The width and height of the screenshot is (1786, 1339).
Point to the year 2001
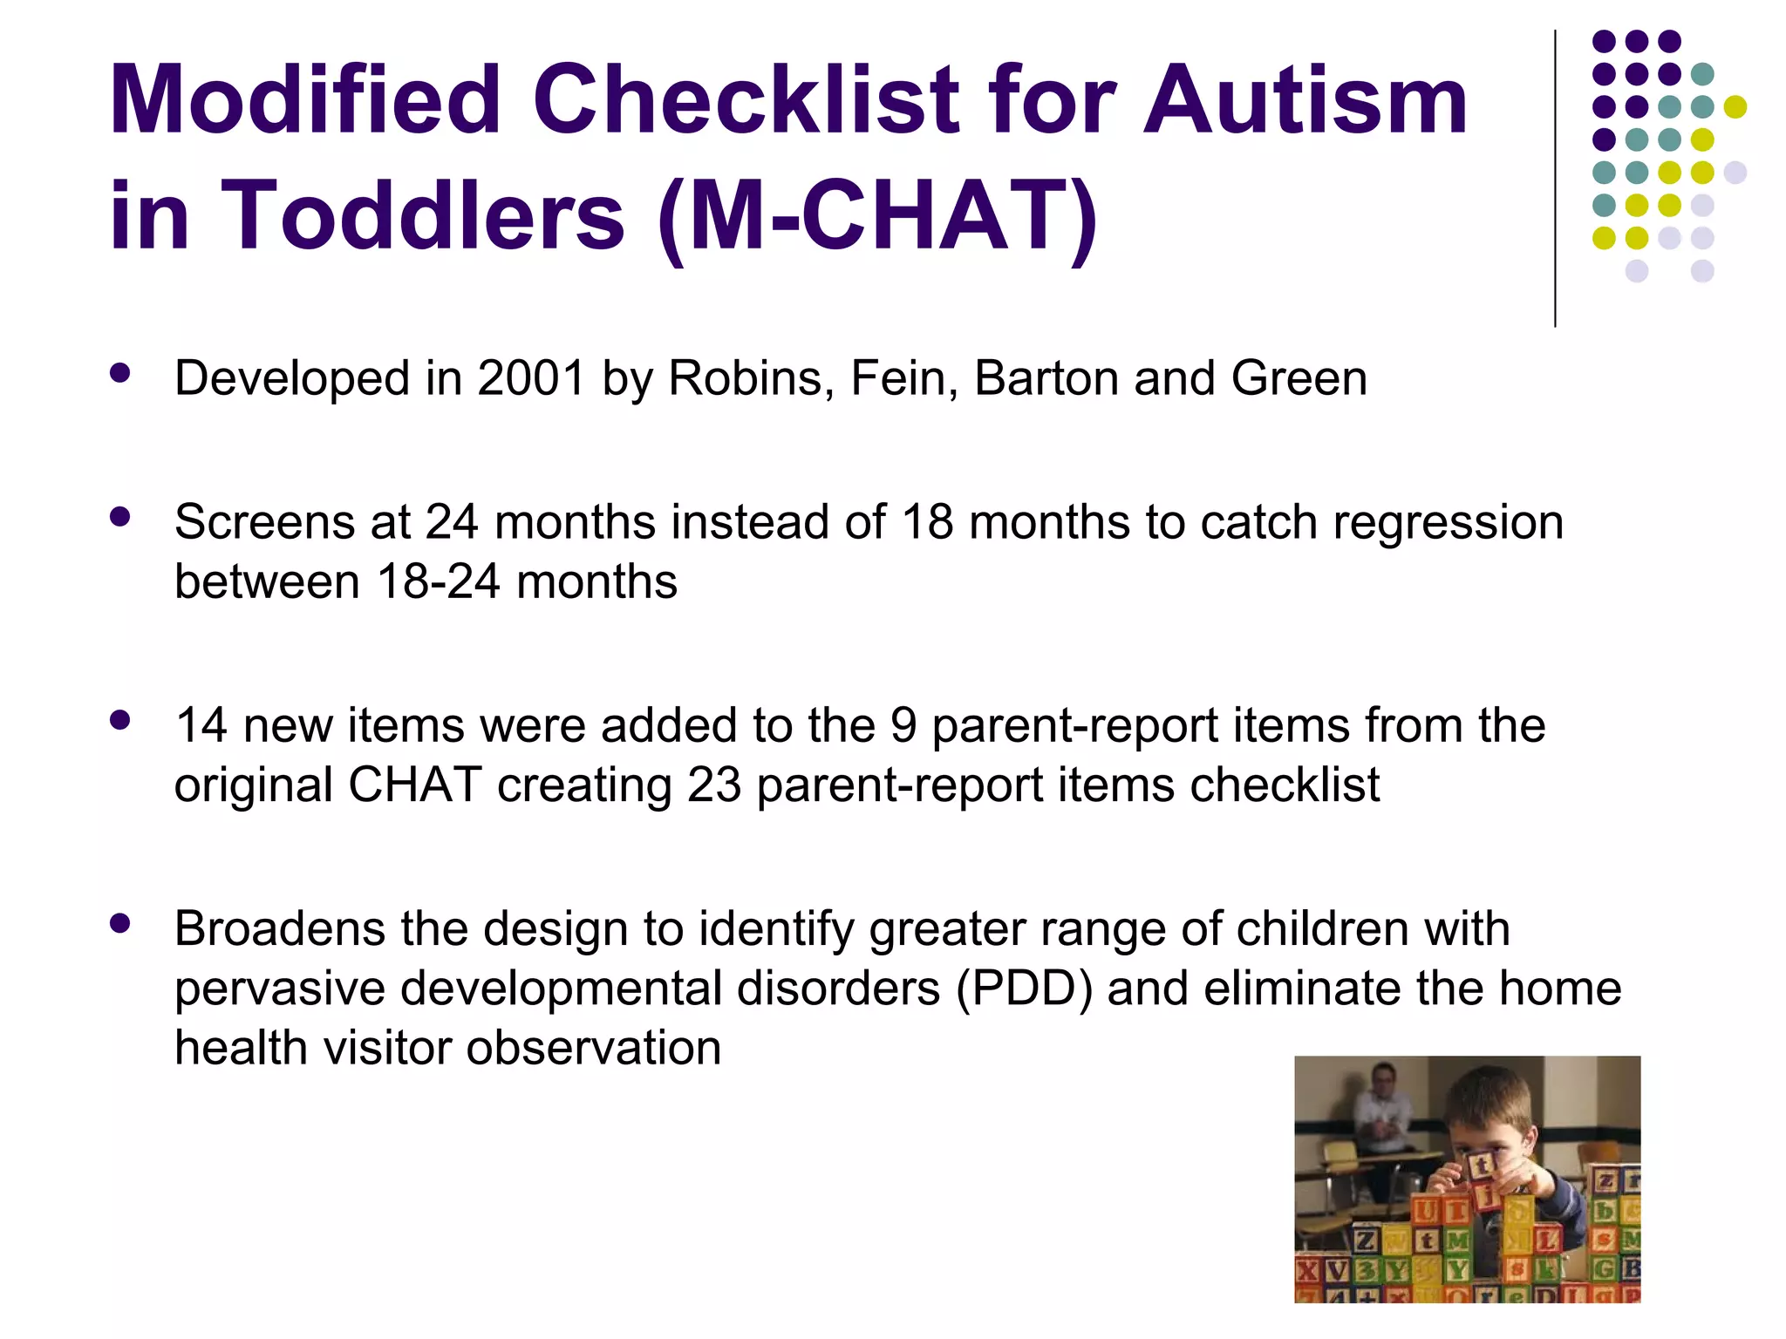[531, 378]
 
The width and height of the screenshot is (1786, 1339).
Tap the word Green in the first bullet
[1299, 378]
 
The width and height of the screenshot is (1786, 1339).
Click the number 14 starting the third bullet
[201, 725]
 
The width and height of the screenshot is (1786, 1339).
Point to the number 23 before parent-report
[713, 785]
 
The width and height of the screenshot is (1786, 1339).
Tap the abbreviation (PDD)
[1024, 989]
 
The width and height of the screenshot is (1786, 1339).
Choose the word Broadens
[279, 928]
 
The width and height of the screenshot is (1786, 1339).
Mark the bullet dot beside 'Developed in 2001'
[120, 374]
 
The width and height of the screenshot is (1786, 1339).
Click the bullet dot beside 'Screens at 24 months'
[120, 517]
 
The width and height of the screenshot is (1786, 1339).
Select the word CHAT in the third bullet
[414, 785]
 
